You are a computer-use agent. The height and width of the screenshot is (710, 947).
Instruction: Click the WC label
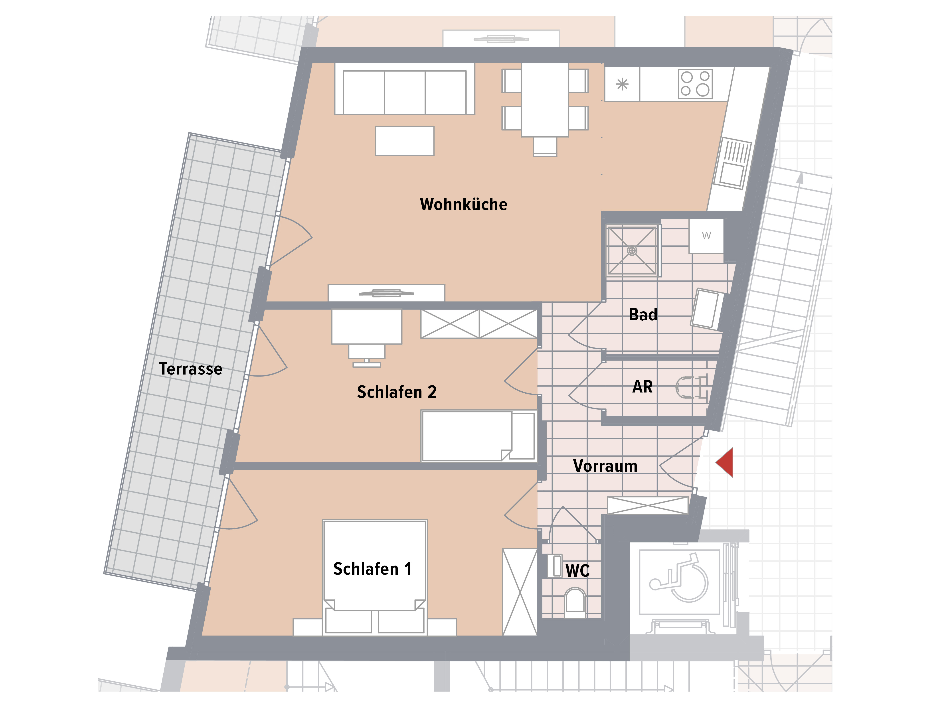point(577,570)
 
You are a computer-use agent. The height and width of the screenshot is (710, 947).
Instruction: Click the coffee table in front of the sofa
point(405,141)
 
